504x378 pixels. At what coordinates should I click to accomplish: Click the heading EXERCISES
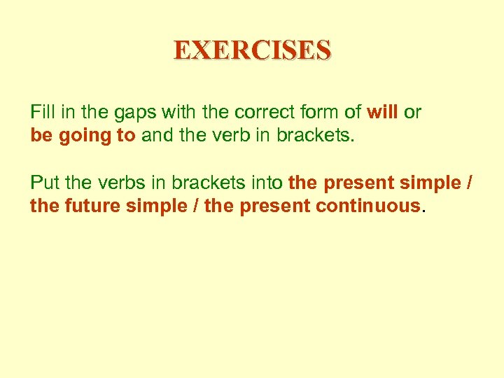252,50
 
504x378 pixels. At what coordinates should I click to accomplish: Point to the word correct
261,112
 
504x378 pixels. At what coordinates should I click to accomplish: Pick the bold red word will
381,112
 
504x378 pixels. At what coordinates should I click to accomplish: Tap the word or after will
412,112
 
